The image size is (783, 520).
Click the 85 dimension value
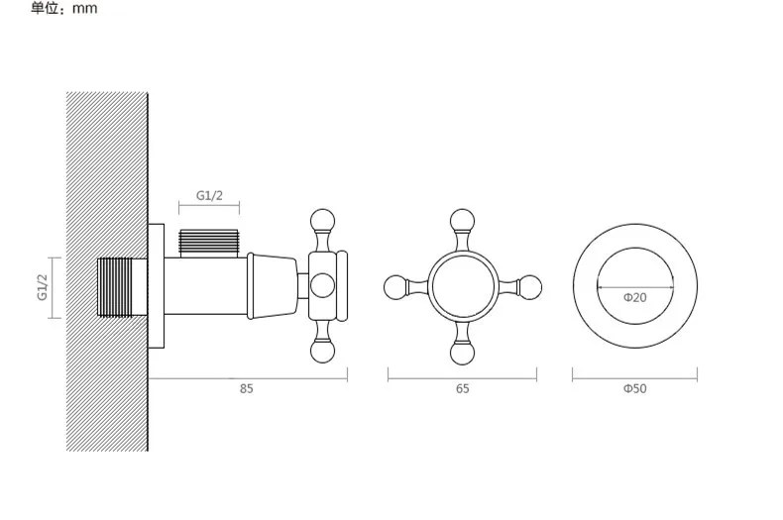[x=246, y=388]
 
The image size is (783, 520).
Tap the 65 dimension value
[x=463, y=388]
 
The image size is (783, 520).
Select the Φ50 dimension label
[x=634, y=388]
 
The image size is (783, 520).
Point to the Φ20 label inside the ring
[x=634, y=298]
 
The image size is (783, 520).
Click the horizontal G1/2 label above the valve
[x=209, y=196]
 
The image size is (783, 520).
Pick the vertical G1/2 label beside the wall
[x=43, y=287]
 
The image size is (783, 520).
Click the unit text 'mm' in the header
[x=85, y=9]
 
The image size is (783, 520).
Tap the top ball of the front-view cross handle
[x=462, y=221]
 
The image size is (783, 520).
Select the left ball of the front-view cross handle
[x=396, y=287]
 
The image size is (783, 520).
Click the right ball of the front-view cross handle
[x=529, y=287]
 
